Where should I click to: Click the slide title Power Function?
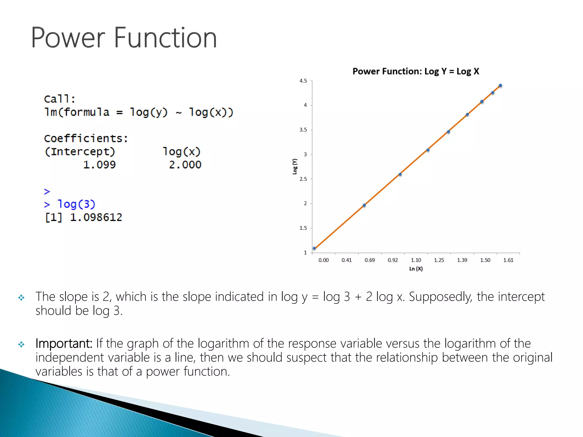[x=124, y=38]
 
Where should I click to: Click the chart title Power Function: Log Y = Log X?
[x=416, y=71]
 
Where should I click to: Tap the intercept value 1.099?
[x=99, y=165]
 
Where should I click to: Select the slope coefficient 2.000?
[x=185, y=165]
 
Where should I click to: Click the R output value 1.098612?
[x=96, y=217]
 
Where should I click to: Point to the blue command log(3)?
[x=76, y=204]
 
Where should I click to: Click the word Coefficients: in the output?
[x=86, y=139]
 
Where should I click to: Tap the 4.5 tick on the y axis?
[x=303, y=81]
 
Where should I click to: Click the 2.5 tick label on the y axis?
[x=303, y=179]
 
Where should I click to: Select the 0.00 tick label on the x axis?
[x=323, y=260]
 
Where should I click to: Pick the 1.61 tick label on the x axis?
[x=508, y=260]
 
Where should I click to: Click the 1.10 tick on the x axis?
[x=416, y=260]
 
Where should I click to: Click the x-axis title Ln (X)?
[x=416, y=269]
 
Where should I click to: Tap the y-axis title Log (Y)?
[x=295, y=167]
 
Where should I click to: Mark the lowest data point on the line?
[x=314, y=248]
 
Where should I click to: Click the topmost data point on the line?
[x=500, y=86]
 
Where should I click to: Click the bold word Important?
[x=64, y=343]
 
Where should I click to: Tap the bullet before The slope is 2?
[x=21, y=298]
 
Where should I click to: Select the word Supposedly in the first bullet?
[x=440, y=297]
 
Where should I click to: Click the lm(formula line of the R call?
[x=138, y=112]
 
